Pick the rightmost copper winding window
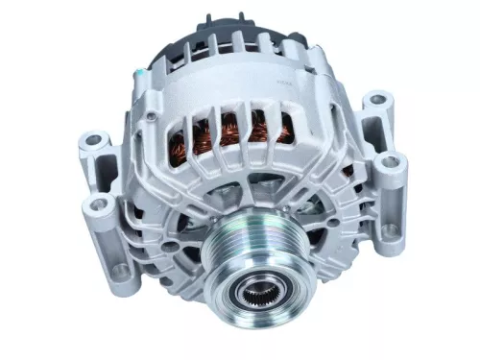point(285,125)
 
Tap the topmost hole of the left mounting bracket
point(93,140)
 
